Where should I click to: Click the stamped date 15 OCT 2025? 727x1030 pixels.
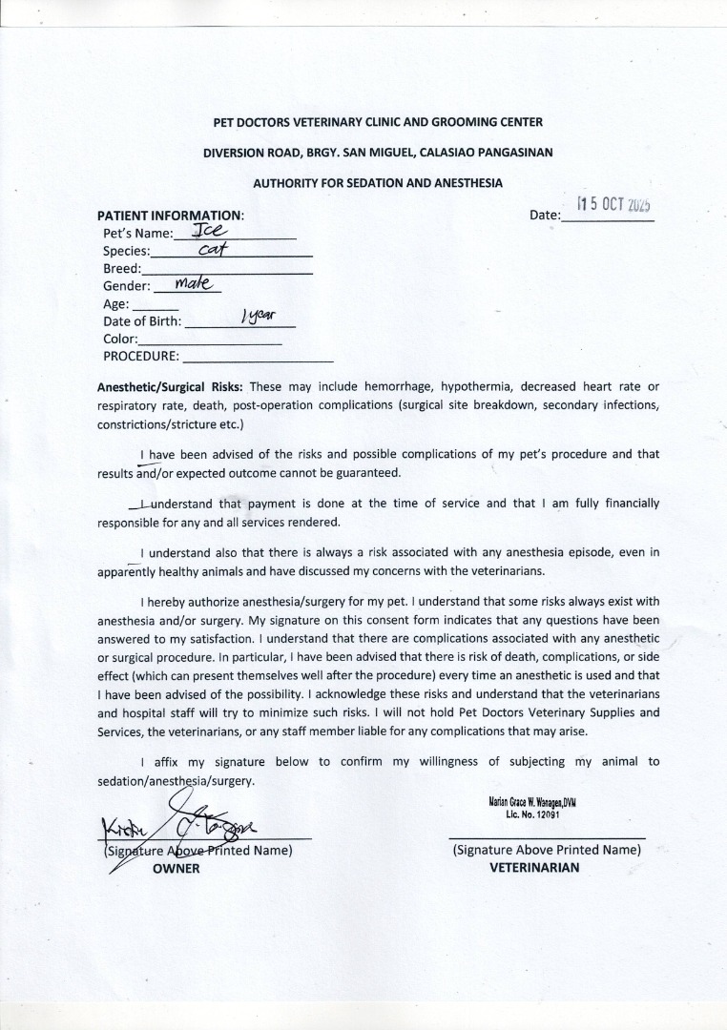(x=613, y=205)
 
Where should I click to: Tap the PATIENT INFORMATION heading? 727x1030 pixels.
(x=171, y=216)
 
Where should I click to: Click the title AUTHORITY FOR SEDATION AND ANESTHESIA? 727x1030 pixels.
(x=377, y=182)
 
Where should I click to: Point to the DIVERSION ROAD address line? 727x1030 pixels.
(x=377, y=152)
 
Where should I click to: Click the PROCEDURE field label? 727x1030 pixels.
(x=140, y=357)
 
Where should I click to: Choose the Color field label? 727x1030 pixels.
(x=120, y=339)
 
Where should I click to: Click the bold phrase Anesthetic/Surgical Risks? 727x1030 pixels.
(x=171, y=387)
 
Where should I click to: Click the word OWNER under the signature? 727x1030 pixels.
(x=177, y=869)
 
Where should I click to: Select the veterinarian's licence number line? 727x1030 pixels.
(x=532, y=814)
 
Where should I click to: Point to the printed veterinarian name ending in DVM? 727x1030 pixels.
(x=532, y=803)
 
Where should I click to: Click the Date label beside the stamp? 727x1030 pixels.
(x=545, y=216)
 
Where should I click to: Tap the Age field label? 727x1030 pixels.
(x=115, y=304)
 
